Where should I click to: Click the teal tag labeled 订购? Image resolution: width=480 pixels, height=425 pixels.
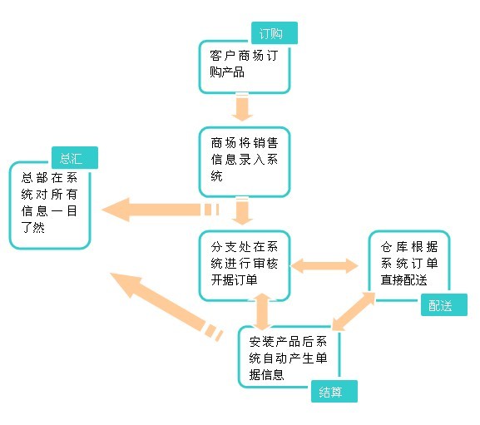(x=275, y=33)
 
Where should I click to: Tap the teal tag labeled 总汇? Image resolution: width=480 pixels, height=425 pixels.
(x=75, y=157)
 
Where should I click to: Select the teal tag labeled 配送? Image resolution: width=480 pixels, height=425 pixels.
(x=444, y=304)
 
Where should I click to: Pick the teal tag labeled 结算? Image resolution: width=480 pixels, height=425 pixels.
(x=334, y=392)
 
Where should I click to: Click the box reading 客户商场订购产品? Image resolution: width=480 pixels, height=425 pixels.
(x=245, y=67)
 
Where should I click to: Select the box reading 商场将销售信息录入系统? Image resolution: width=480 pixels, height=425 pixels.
(x=245, y=162)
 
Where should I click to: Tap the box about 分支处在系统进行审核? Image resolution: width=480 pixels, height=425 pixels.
(x=245, y=265)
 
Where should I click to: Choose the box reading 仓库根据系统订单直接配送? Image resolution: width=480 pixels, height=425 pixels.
(x=409, y=265)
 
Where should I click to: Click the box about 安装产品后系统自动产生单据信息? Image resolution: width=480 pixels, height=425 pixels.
(x=289, y=357)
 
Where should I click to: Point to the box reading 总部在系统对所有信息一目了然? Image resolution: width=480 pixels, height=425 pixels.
(x=50, y=205)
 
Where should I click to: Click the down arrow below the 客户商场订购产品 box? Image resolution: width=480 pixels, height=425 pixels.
(x=242, y=106)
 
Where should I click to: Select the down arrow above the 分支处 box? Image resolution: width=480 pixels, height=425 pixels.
(x=242, y=211)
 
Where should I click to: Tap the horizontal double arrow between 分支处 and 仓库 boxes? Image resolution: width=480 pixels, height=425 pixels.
(x=324, y=265)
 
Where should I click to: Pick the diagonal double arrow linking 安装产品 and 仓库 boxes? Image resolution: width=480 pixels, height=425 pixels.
(x=354, y=311)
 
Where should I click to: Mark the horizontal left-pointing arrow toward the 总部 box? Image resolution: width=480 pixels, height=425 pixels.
(x=160, y=210)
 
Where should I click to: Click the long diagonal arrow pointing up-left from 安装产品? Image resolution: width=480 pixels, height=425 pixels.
(x=166, y=306)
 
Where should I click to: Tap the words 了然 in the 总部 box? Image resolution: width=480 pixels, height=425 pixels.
(x=33, y=227)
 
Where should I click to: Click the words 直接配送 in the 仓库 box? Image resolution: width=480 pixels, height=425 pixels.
(x=403, y=279)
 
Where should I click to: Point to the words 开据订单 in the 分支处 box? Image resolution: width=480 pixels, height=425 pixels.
(x=235, y=279)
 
